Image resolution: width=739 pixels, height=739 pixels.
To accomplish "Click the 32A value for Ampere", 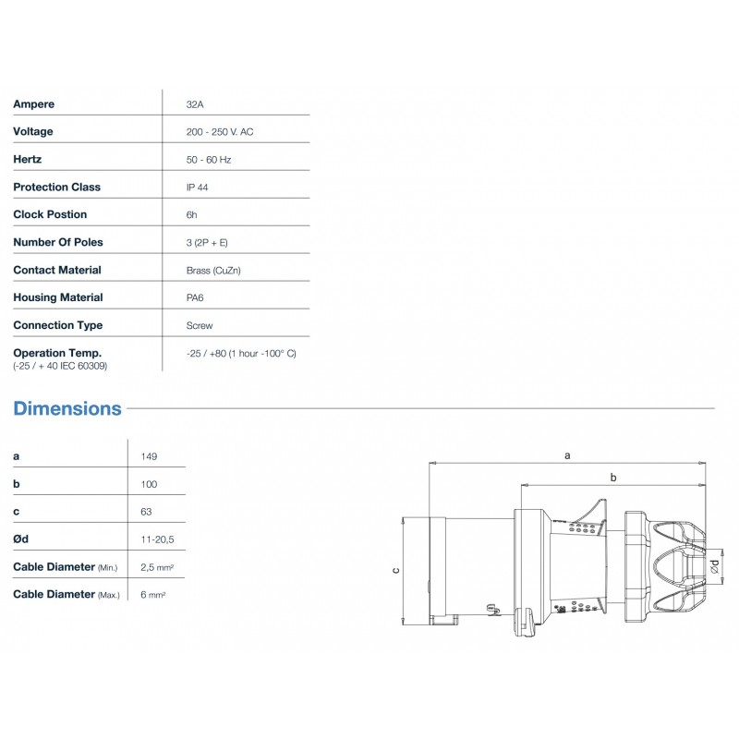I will pyautogui.click(x=195, y=104).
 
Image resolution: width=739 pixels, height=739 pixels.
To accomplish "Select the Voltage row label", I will pyautogui.click(x=33, y=132).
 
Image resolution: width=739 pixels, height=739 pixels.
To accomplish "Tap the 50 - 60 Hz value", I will pyautogui.click(x=208, y=160).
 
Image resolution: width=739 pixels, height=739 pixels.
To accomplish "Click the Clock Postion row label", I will pyautogui.click(x=50, y=215).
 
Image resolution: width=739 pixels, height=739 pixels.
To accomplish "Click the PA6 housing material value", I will pyautogui.click(x=196, y=298).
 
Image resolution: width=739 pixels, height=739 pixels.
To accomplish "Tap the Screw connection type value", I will pyautogui.click(x=199, y=326).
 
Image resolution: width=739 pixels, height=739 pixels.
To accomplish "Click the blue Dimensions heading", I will pyautogui.click(x=67, y=408).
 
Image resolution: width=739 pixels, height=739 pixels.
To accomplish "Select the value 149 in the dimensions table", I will pyautogui.click(x=150, y=456).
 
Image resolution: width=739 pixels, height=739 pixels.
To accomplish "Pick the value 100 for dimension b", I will pyautogui.click(x=150, y=484).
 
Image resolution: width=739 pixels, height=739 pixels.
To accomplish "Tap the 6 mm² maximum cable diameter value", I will pyautogui.click(x=153, y=594).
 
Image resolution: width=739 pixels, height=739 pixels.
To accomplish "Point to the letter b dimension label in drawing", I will pyautogui.click(x=612, y=476).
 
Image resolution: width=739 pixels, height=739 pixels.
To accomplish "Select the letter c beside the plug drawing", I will pyautogui.click(x=396, y=570).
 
